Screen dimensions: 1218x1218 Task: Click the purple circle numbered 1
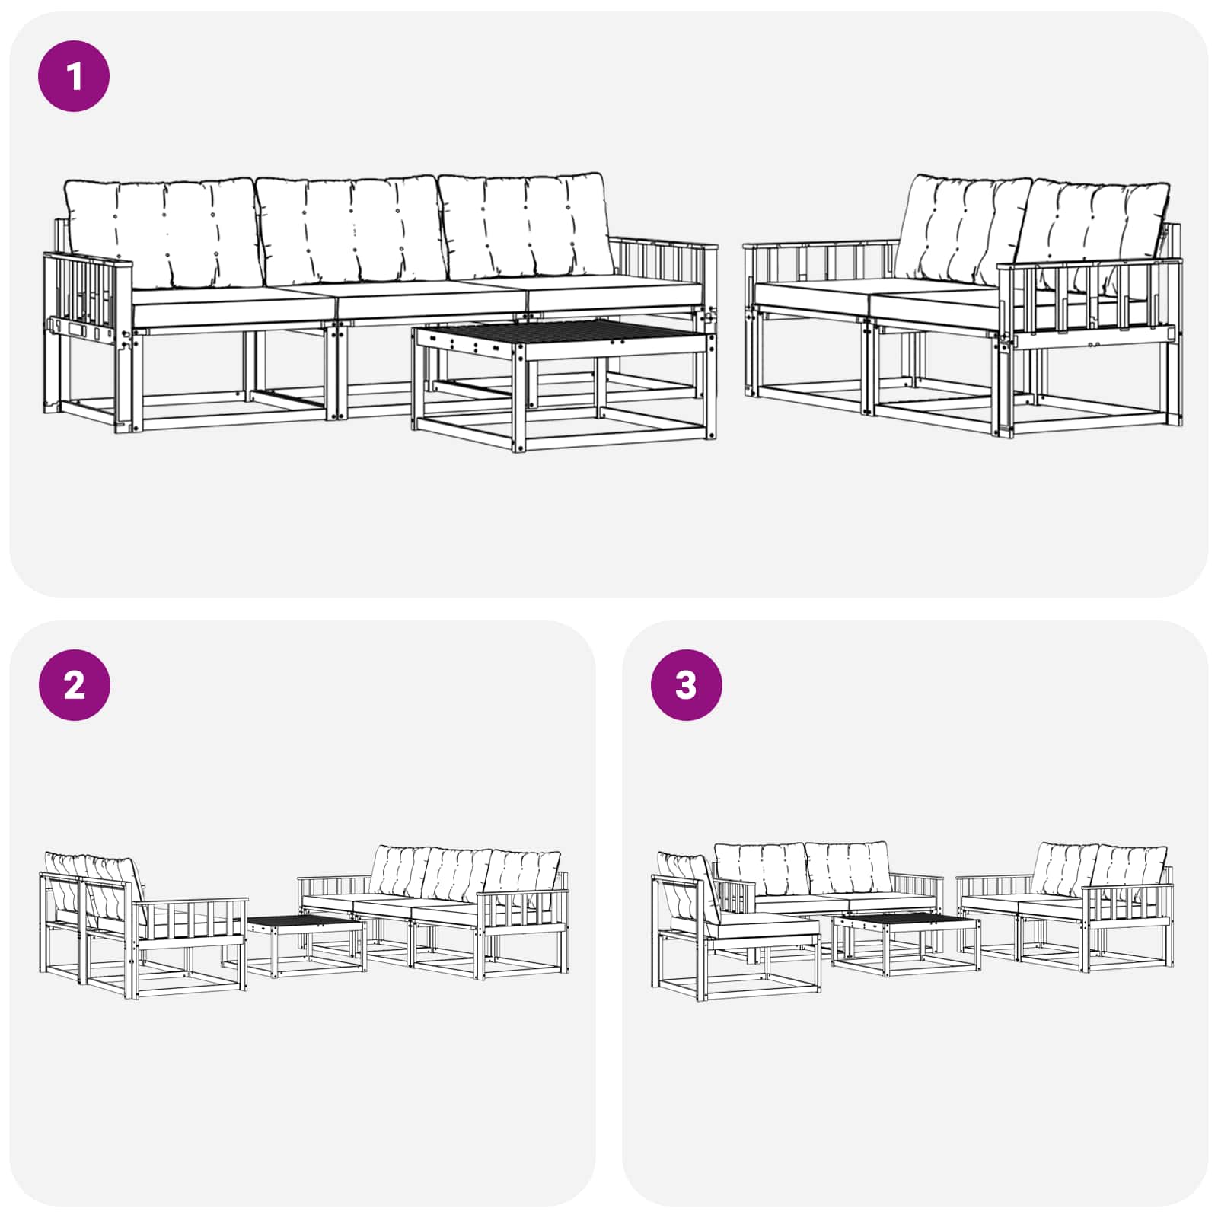click(74, 76)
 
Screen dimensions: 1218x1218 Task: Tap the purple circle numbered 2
click(74, 685)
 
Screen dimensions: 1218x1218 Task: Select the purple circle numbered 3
click(686, 685)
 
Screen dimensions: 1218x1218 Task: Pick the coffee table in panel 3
click(906, 943)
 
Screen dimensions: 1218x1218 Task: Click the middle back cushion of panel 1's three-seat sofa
click(350, 228)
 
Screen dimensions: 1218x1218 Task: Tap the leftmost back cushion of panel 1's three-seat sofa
click(164, 232)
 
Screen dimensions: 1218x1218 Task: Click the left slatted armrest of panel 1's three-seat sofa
click(88, 293)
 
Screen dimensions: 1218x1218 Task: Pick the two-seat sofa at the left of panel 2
click(143, 925)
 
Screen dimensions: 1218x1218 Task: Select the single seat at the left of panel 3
click(735, 925)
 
